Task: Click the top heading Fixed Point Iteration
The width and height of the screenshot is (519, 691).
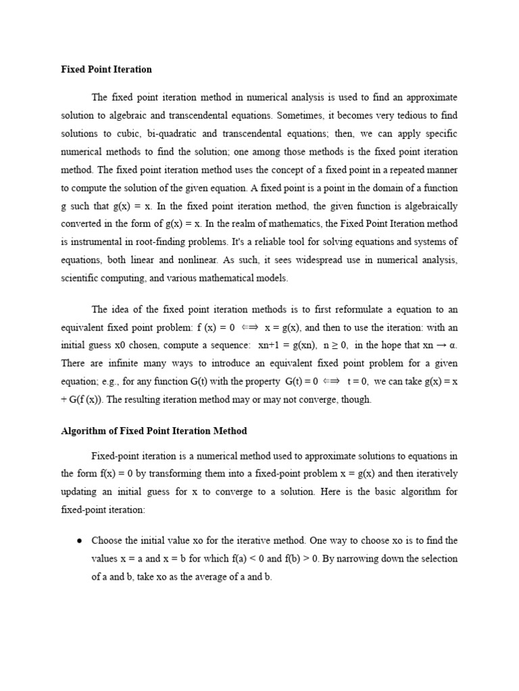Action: (107, 70)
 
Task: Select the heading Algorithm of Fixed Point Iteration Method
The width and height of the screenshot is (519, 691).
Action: (154, 431)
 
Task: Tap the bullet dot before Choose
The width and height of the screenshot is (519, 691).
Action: (80, 541)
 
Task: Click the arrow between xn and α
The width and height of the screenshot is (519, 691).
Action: (439, 346)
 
